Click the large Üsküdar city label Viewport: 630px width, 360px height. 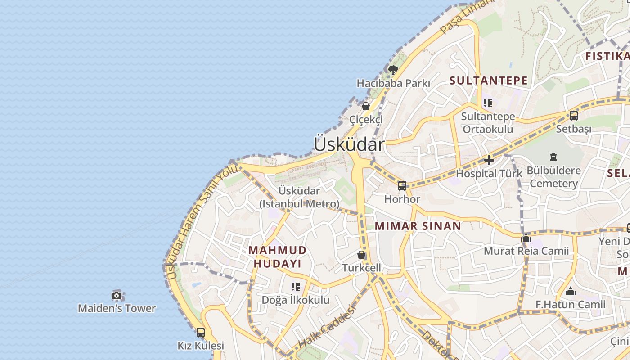pyautogui.click(x=349, y=144)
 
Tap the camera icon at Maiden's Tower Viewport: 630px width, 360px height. pyautogui.click(x=117, y=296)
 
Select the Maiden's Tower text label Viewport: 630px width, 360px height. pyautogui.click(x=117, y=308)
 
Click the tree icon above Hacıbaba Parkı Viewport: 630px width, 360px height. pyautogui.click(x=393, y=70)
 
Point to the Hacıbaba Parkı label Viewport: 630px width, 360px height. pyautogui.click(x=393, y=83)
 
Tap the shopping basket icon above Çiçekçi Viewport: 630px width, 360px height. pyautogui.click(x=366, y=106)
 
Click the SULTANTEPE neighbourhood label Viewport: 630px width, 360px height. pyautogui.click(x=488, y=81)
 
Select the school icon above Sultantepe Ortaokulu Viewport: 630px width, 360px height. pyautogui.click(x=487, y=103)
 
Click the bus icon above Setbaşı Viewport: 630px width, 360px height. pyautogui.click(x=573, y=116)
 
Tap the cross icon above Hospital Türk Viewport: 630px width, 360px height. pyautogui.click(x=489, y=160)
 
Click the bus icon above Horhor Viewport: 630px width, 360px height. pyautogui.click(x=402, y=185)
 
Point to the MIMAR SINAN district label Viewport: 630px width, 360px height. pyautogui.click(x=418, y=226)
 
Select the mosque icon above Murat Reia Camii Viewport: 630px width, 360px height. pyautogui.click(x=526, y=237)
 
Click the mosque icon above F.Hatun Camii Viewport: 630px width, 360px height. pyautogui.click(x=571, y=291)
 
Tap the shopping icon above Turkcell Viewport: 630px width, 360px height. pyautogui.click(x=361, y=255)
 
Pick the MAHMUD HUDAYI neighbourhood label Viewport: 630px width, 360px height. pyautogui.click(x=278, y=256)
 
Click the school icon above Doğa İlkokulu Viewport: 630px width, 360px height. pyautogui.click(x=296, y=286)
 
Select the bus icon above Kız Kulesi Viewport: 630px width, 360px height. pyautogui.click(x=201, y=333)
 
